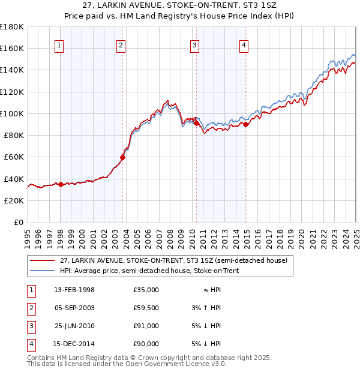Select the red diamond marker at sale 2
(x=122, y=158)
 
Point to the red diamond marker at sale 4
(x=246, y=125)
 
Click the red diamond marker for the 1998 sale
(x=61, y=184)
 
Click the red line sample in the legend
(x=41, y=261)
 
